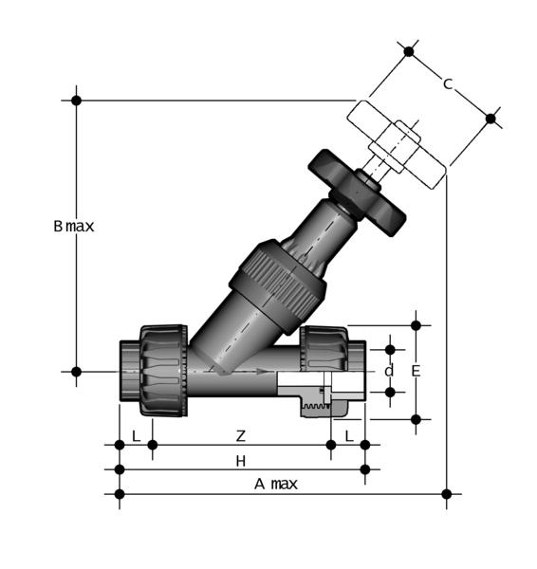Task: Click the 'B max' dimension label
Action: [74, 227]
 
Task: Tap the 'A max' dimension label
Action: [276, 484]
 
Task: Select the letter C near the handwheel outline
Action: [448, 83]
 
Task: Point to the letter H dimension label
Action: [241, 461]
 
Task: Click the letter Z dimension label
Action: [241, 436]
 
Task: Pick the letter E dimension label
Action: [417, 371]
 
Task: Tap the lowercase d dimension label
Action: [389, 371]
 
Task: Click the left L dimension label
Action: [137, 436]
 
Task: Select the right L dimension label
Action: [349, 436]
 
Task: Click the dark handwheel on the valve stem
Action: [357, 193]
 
